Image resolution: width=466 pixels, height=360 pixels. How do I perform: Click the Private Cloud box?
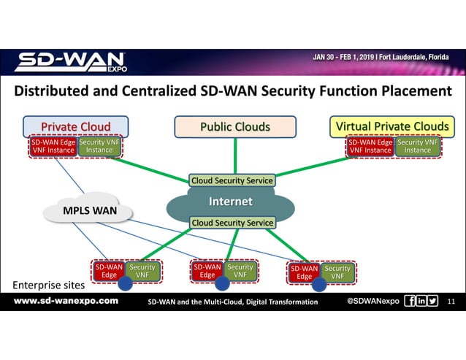(x=76, y=127)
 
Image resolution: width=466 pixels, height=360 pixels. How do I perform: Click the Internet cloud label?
(x=231, y=202)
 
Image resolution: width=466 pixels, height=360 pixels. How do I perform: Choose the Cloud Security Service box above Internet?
(x=232, y=180)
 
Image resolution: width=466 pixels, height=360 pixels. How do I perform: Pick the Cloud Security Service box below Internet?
(x=232, y=223)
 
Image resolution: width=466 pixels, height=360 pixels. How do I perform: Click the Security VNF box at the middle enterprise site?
(x=240, y=271)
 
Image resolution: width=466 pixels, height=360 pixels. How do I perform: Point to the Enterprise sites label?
(x=45, y=284)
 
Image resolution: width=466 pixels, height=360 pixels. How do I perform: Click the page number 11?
(x=450, y=301)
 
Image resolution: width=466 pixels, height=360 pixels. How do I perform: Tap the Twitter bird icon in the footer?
(x=433, y=301)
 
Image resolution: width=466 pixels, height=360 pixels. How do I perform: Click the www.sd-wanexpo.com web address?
(x=66, y=301)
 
